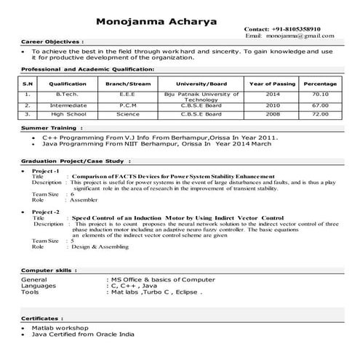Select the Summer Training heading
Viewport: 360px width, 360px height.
coord(49,127)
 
